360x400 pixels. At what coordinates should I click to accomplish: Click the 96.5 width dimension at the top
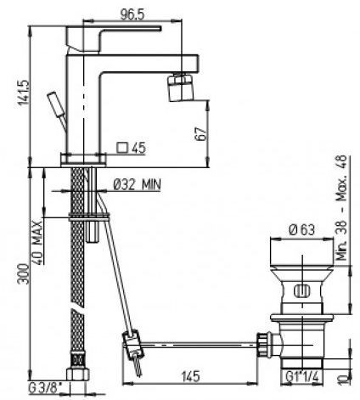132,14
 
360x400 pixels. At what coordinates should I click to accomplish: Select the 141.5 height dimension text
24,93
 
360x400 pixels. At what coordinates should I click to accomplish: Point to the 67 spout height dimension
200,134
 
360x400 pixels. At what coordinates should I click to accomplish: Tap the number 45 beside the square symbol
139,148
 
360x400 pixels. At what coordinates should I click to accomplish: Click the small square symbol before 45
122,148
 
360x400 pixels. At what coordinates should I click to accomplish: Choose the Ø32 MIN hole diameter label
137,184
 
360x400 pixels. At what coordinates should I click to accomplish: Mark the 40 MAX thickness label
37,243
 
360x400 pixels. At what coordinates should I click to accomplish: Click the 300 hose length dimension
24,273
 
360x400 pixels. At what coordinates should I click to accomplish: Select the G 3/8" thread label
45,389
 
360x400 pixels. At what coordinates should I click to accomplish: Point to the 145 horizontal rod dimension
190,376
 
